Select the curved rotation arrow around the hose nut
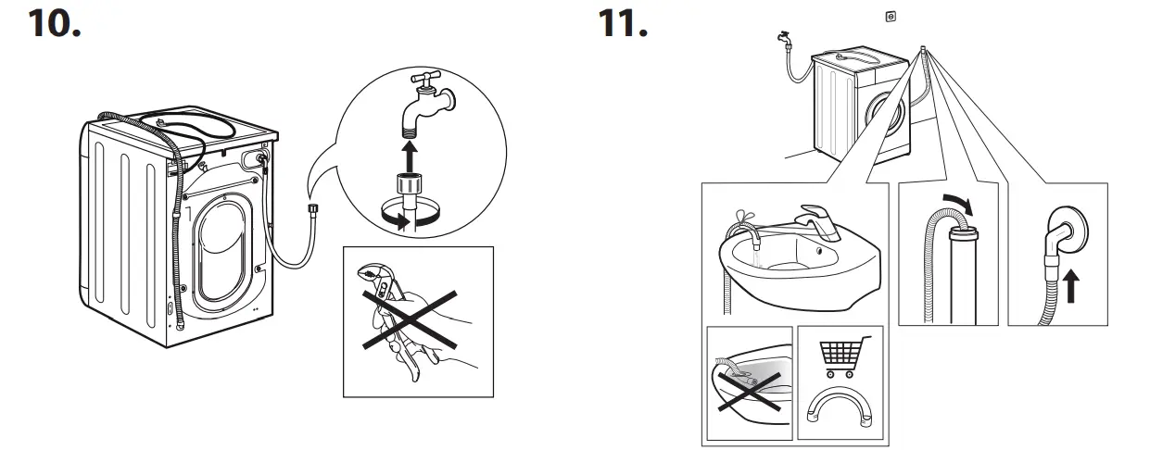[x=407, y=219]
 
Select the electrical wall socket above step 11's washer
[x=891, y=16]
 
